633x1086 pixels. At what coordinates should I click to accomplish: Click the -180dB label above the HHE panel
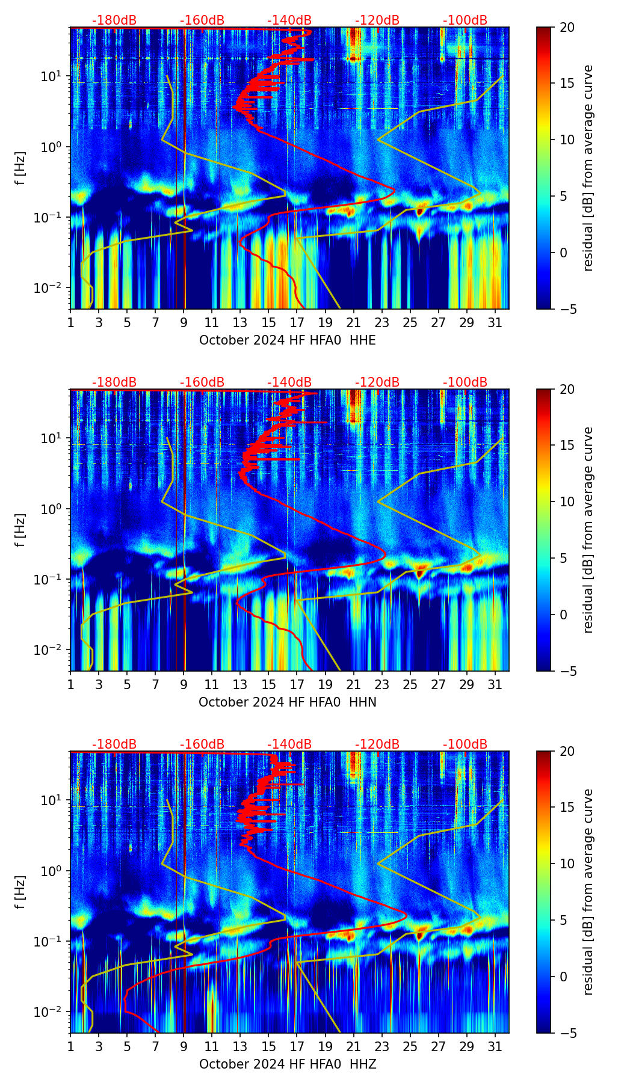[114, 20]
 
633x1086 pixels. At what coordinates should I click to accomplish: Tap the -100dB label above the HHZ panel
[465, 744]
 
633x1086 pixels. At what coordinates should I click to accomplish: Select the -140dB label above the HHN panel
[289, 382]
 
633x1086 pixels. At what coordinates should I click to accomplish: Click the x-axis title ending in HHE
[287, 340]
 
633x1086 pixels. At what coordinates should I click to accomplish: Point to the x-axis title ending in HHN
[287, 702]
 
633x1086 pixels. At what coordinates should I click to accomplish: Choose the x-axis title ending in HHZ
[287, 1064]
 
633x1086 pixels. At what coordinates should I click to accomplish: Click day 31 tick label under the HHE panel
[495, 323]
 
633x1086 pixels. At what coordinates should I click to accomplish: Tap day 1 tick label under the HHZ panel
[70, 1047]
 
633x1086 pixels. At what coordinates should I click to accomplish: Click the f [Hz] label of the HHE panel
[20, 168]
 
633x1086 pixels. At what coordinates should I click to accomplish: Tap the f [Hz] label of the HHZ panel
[20, 892]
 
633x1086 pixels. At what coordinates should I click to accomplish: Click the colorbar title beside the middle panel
[588, 530]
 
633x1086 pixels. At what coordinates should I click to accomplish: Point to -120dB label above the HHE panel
[377, 20]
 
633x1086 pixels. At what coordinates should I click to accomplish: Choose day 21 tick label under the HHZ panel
[353, 1047]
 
